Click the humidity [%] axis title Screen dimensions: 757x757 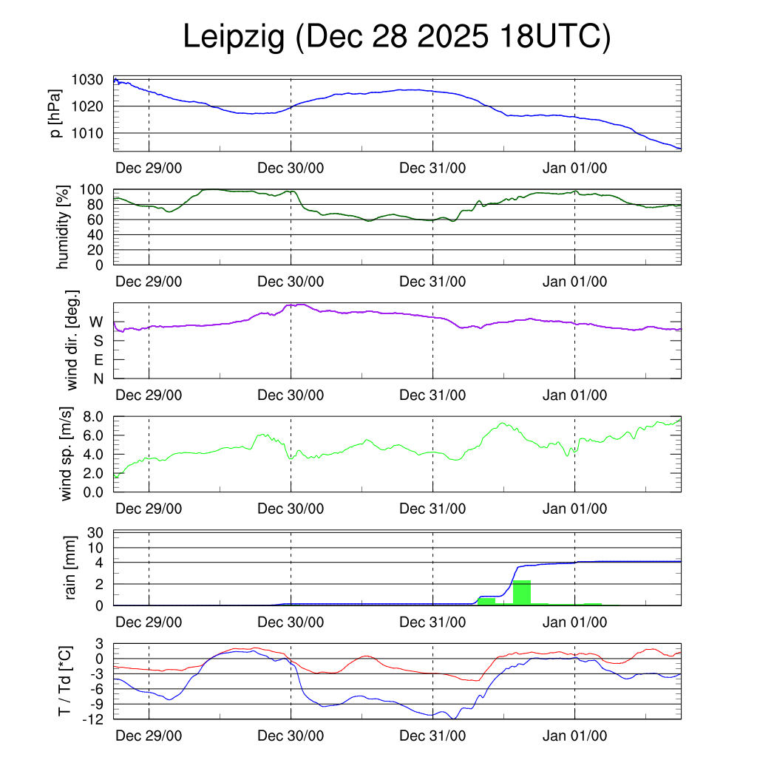pos(62,226)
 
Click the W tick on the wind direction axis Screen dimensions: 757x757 pos(97,322)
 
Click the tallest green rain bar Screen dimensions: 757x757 pos(522,592)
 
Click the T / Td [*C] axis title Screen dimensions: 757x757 pos(64,681)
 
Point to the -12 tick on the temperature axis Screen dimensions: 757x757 pos(94,719)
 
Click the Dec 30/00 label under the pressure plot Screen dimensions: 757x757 pos(291,168)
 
